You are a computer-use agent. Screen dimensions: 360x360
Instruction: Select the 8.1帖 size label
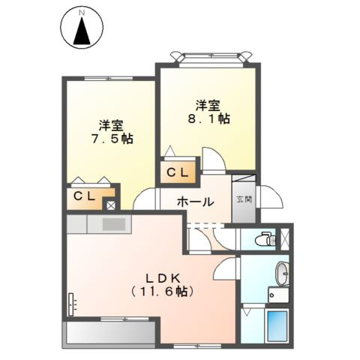tap(208, 118)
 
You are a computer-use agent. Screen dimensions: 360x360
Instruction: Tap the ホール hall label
tap(196, 202)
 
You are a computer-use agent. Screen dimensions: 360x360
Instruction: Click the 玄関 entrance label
tap(243, 199)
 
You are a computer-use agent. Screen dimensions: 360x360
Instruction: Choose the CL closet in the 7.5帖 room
tap(82, 196)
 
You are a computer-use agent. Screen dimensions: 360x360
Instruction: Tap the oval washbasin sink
tap(281, 273)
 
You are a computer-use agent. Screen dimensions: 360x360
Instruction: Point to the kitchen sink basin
tap(114, 223)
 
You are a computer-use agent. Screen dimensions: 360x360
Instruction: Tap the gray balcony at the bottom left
tap(110, 330)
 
